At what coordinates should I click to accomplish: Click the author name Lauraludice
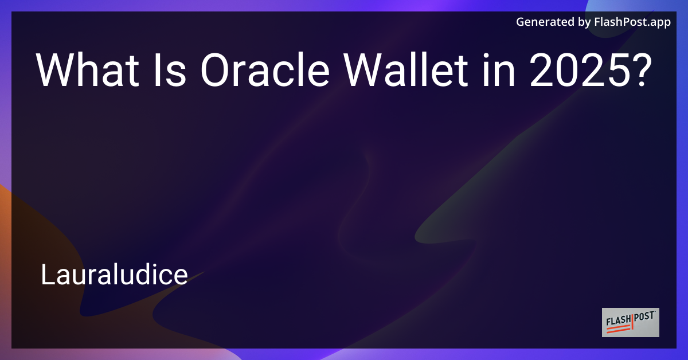(114, 276)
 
